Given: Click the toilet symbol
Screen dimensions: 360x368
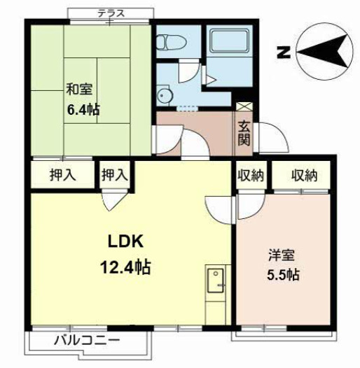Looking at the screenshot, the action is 171,43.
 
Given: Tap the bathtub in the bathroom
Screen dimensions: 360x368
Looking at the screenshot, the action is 229,41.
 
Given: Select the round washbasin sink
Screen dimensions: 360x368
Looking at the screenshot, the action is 165,96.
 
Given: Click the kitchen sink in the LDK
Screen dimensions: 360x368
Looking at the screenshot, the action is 216,281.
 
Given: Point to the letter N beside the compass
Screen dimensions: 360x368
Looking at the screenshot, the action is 284,52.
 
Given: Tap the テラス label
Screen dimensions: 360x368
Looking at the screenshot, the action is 111,13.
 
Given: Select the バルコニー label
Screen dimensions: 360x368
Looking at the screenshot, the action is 88,340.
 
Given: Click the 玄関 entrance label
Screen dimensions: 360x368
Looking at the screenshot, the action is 244,134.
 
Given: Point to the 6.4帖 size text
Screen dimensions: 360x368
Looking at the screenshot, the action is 83,109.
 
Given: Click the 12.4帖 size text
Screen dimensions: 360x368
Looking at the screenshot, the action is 125,268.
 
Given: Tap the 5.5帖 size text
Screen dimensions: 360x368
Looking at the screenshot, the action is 283,274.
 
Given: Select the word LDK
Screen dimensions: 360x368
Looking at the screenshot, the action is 125,242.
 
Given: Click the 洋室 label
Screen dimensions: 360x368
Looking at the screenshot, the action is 282,255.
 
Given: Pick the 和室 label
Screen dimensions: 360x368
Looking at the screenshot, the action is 79,89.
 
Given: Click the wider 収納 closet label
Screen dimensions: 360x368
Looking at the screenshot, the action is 304,176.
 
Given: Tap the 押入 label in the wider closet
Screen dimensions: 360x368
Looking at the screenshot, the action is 63,175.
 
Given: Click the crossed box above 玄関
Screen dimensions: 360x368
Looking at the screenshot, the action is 244,107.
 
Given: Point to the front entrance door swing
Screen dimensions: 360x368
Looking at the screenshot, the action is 272,138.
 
